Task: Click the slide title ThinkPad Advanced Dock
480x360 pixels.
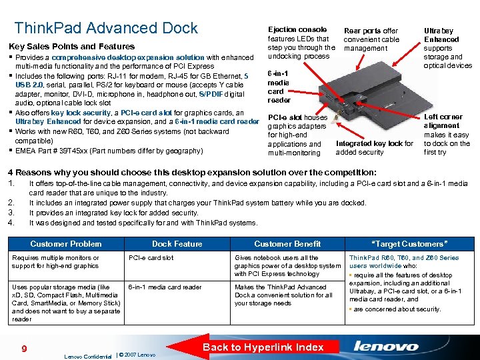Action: point(106,28)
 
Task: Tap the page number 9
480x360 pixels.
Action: point(23,347)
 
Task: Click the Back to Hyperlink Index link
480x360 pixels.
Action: point(263,347)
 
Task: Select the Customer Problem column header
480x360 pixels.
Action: point(66,244)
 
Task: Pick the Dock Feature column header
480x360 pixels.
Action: point(177,244)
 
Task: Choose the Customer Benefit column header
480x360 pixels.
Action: point(287,244)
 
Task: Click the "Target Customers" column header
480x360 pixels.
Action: point(409,244)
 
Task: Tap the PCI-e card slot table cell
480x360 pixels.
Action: point(151,258)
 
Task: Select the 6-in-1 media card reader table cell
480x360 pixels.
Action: point(165,287)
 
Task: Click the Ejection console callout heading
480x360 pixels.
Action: point(297,29)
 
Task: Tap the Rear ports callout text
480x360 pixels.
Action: point(371,39)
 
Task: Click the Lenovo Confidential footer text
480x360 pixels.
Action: point(88,355)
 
